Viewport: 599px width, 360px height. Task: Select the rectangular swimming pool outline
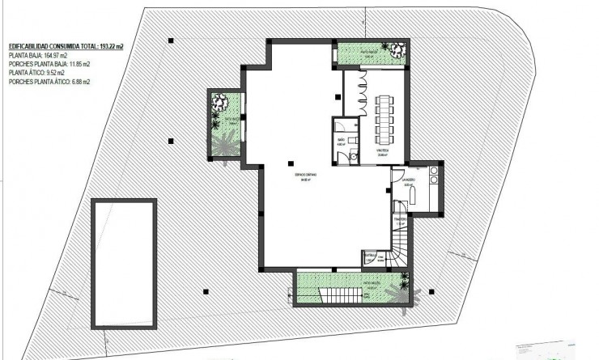coord(123,259)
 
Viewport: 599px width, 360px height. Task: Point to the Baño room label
coord(342,140)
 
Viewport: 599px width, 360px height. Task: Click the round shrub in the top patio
coord(395,49)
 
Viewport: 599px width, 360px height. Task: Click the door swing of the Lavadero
coord(397,177)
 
